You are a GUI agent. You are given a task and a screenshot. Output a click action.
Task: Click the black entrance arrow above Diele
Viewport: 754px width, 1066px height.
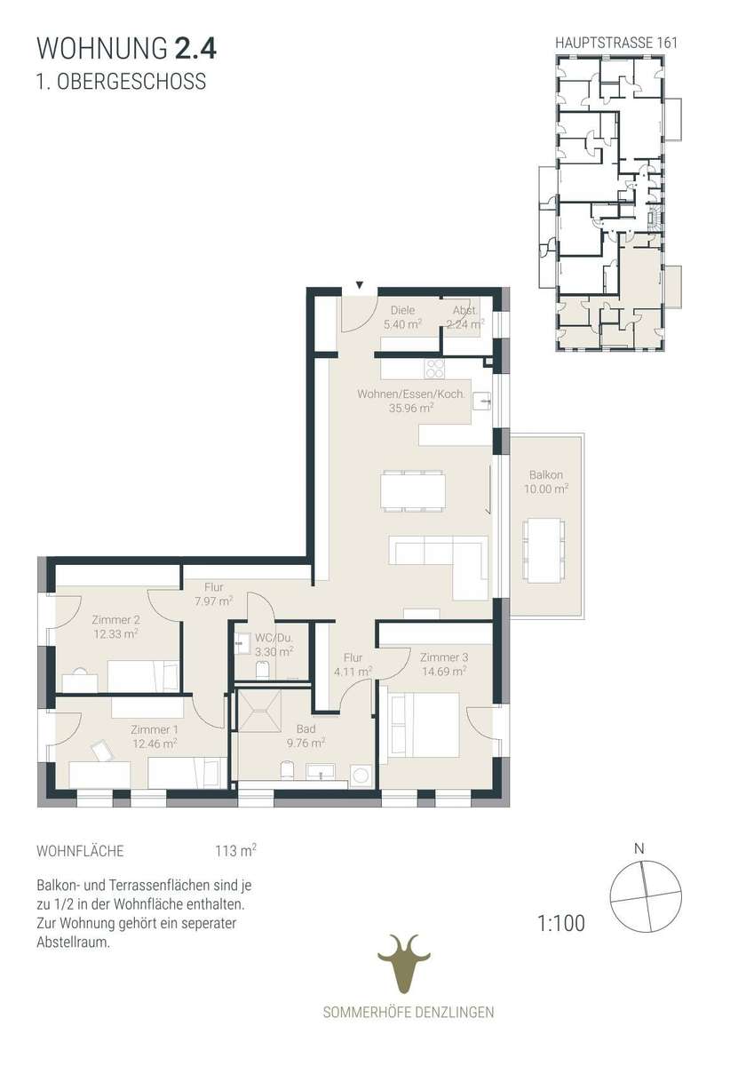click(360, 284)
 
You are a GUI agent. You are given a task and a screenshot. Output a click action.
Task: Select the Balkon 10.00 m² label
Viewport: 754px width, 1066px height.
click(546, 481)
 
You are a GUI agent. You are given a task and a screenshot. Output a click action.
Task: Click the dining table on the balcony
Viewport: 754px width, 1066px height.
click(545, 552)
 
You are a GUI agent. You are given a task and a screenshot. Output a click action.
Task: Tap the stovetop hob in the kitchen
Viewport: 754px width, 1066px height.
click(435, 368)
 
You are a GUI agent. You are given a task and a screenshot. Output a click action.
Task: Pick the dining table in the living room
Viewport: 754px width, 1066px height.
click(413, 491)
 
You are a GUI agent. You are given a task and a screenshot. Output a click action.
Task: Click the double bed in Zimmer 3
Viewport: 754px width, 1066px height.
click(425, 725)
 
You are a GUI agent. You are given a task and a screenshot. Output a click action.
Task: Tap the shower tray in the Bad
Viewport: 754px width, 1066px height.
click(259, 711)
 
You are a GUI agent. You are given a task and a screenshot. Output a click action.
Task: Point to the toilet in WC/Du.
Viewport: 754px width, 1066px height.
click(263, 670)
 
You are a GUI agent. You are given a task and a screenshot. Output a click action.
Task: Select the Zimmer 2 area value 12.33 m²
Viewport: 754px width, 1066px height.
click(115, 634)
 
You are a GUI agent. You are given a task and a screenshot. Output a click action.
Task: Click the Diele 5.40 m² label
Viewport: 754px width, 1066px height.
click(402, 317)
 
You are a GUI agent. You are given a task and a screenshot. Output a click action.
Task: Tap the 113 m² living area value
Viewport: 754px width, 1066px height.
click(235, 849)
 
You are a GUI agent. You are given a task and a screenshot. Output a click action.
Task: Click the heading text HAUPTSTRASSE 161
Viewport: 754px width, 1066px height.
click(616, 43)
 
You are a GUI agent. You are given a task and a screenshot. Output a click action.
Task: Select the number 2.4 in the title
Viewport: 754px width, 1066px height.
click(196, 49)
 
